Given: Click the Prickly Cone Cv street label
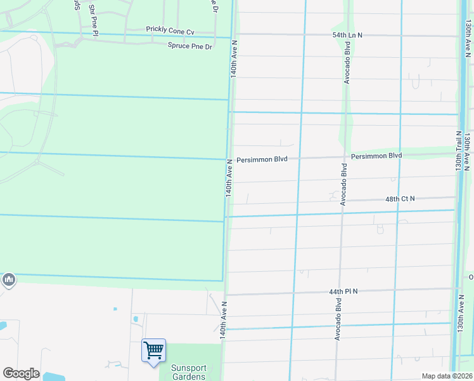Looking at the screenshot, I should click(x=169, y=30).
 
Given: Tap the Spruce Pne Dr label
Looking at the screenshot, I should click(x=189, y=46).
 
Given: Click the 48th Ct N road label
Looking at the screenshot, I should click(x=400, y=199).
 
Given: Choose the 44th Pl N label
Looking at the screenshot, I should click(x=343, y=291).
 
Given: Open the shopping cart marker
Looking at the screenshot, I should click(x=153, y=350).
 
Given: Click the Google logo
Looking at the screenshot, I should click(x=21, y=373).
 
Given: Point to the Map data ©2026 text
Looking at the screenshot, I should click(x=447, y=376).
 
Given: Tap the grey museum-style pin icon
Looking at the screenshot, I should click(x=8, y=279).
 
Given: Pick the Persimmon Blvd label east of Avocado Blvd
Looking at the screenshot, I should click(x=377, y=156).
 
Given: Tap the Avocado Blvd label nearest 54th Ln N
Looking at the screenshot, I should click(x=347, y=64).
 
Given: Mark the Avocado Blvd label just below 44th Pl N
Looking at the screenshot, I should click(x=338, y=321).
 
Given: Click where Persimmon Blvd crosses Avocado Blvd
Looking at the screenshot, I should click(x=343, y=156).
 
